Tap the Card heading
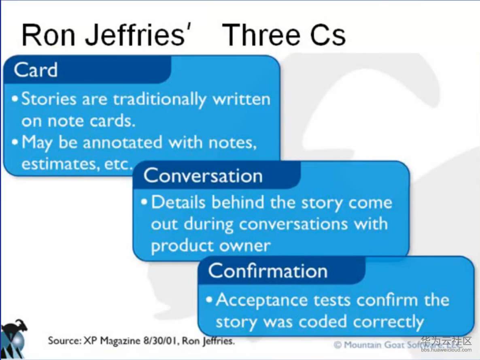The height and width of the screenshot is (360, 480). [36, 70]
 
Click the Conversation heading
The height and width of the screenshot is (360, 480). [203, 176]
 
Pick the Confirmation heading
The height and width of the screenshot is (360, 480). [268, 271]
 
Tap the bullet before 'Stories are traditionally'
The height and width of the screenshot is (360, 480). [15, 99]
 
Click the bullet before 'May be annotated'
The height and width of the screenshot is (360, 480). [15, 142]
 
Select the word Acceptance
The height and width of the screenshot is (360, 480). [262, 300]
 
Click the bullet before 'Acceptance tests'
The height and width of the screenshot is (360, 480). [209, 299]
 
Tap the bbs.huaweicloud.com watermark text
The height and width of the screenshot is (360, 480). [446, 349]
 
